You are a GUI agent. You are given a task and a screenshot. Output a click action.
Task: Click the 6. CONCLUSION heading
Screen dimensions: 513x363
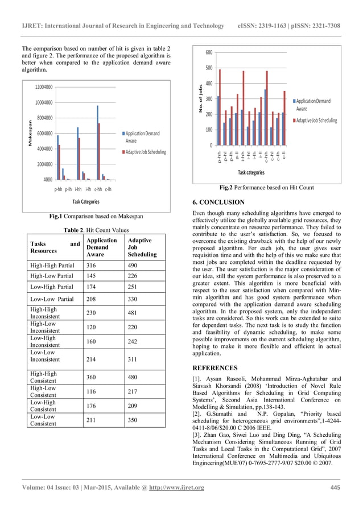(x=219, y=202)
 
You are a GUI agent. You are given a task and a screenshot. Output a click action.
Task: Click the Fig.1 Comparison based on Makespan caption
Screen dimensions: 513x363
(x=96, y=216)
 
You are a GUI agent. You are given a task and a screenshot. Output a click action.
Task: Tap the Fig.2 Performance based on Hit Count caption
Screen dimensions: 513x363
(x=266, y=188)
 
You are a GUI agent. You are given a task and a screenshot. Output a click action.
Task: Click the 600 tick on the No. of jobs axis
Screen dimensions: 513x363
(x=209, y=52)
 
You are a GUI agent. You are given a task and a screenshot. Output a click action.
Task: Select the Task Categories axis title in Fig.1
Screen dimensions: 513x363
(x=86, y=201)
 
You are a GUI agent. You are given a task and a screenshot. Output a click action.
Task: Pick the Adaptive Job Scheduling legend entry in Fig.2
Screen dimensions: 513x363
(x=316, y=121)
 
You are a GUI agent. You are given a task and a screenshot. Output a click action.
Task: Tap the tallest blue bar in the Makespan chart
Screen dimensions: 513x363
(x=97, y=142)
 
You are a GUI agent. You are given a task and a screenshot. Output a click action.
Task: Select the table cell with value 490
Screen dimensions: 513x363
(x=134, y=264)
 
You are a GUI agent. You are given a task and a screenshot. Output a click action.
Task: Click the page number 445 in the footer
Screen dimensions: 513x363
(x=335, y=487)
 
